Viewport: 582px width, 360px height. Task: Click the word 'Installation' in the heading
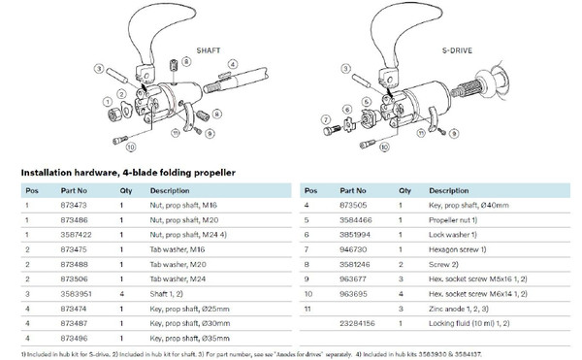48,172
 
